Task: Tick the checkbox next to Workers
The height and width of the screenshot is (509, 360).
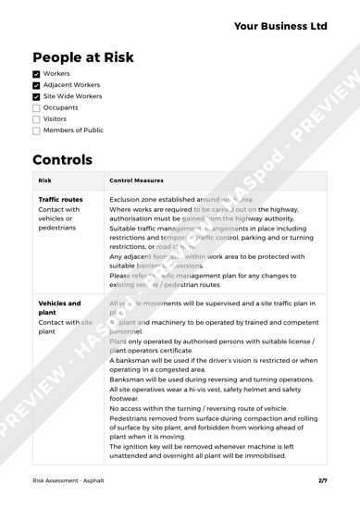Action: [x=25, y=81]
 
